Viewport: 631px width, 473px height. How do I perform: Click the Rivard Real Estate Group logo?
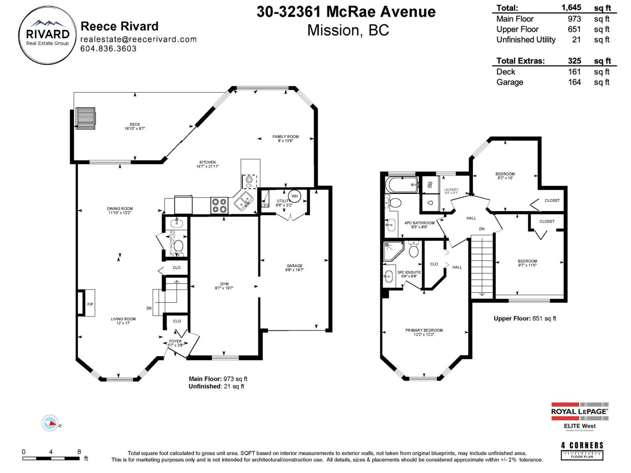click(48, 35)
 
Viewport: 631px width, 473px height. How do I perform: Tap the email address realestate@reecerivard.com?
click(138, 39)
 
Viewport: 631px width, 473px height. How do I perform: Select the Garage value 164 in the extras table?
click(574, 82)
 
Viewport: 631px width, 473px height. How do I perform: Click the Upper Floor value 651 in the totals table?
click(574, 29)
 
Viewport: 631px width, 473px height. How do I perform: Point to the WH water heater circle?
click(295, 196)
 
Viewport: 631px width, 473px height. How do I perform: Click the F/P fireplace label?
click(90, 304)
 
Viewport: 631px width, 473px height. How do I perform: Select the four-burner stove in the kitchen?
click(219, 205)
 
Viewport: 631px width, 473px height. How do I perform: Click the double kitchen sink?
click(244, 201)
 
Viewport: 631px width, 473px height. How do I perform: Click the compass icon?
click(50, 423)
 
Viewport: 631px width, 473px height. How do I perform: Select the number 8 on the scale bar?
click(79, 452)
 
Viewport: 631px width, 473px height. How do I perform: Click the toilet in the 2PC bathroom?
click(178, 247)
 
